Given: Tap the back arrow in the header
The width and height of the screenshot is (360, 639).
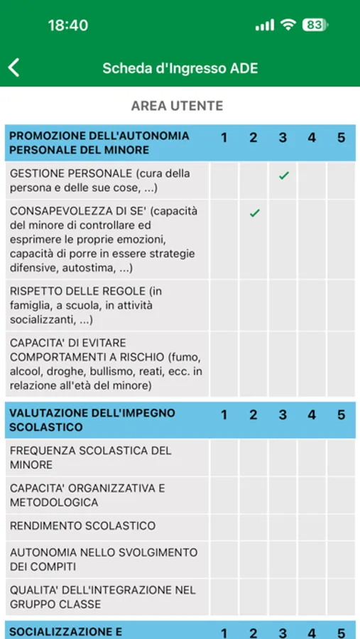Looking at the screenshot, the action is [14, 67].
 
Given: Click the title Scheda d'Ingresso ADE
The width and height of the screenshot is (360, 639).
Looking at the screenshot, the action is [180, 68].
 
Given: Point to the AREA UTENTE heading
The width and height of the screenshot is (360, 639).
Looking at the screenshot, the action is [177, 106].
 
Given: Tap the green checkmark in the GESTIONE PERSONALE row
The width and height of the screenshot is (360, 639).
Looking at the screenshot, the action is [283, 175].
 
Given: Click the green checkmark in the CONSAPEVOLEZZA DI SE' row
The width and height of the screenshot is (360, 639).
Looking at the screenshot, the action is [254, 213].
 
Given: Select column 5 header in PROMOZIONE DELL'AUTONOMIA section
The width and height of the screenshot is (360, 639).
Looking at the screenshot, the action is [341, 137].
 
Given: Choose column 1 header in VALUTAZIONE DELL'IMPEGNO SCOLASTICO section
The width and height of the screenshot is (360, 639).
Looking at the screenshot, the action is [224, 415].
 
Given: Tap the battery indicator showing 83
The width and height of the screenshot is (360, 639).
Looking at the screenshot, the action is [314, 25].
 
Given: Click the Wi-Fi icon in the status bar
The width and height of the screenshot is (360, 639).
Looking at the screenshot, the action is [288, 25].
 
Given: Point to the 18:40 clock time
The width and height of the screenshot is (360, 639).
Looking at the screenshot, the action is [68, 25].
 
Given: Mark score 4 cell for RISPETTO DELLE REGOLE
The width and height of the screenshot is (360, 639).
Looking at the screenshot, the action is [312, 305].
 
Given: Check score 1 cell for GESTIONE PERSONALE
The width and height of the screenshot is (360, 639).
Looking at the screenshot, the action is [224, 180].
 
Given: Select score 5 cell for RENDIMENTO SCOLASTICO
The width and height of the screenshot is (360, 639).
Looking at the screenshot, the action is [341, 526].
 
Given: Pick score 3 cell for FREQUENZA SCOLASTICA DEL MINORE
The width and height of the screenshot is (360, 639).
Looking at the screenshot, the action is [283, 458].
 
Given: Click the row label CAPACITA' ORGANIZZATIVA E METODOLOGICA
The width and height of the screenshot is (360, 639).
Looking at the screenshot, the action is [87, 495].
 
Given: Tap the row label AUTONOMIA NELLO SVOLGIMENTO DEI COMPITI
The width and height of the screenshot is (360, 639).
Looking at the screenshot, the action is [104, 559].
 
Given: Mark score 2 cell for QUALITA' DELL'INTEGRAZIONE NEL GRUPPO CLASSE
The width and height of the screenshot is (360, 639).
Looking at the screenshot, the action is [253, 597].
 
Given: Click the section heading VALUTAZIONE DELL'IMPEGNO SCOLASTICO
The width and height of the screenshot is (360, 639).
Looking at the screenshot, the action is [92, 420].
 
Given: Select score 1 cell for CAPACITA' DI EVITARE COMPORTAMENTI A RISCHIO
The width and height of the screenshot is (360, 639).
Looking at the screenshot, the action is [224, 364].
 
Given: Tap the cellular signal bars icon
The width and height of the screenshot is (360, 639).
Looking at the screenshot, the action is [264, 25].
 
